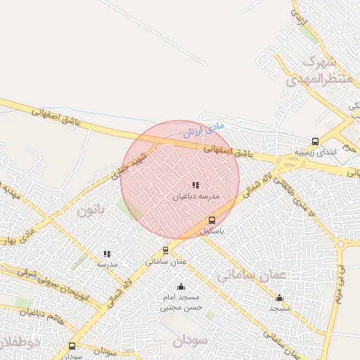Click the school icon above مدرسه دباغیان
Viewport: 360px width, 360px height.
pyautogui.click(x=195, y=185)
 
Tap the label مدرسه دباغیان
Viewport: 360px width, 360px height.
pyautogui.click(x=196, y=197)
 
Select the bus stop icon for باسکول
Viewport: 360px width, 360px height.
pyautogui.click(x=212, y=221)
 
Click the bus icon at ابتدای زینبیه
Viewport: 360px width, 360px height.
pyautogui.click(x=315, y=141)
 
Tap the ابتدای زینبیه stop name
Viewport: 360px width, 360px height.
pyautogui.click(x=315, y=152)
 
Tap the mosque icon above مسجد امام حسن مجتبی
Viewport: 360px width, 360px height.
pyautogui.click(x=181, y=286)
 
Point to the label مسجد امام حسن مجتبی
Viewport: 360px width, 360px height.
pyautogui.click(x=181, y=302)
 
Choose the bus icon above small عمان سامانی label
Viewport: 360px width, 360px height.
pyautogui.click(x=165, y=250)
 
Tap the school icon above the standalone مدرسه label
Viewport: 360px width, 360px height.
pyautogui.click(x=107, y=254)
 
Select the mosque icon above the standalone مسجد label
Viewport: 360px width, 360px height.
pyautogui.click(x=279, y=297)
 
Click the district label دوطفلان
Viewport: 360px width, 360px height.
pyautogui.click(x=14, y=342)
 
